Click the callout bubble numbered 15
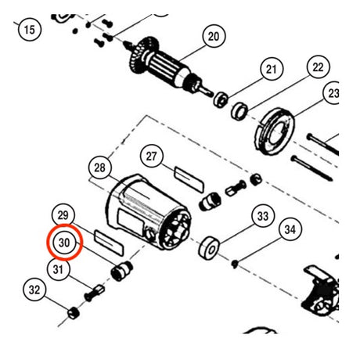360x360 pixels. point(30,29)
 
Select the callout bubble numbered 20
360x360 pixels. point(214,36)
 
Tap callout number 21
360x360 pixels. point(272,69)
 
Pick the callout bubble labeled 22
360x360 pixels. point(318,67)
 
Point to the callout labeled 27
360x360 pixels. point(152,157)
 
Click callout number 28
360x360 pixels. point(99,167)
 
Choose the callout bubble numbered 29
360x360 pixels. point(63,215)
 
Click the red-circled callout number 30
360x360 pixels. point(64,243)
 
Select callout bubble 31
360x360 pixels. point(59,269)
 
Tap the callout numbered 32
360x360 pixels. point(34,290)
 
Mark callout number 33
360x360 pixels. point(263,216)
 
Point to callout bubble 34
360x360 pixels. point(290,229)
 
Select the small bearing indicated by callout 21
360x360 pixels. point(221,99)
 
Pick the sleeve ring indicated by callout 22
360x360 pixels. point(239,112)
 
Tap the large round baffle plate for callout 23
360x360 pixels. point(274,131)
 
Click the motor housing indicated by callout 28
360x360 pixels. point(148,212)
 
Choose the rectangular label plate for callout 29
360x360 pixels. point(109,243)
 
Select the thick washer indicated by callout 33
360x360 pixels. point(209,248)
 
